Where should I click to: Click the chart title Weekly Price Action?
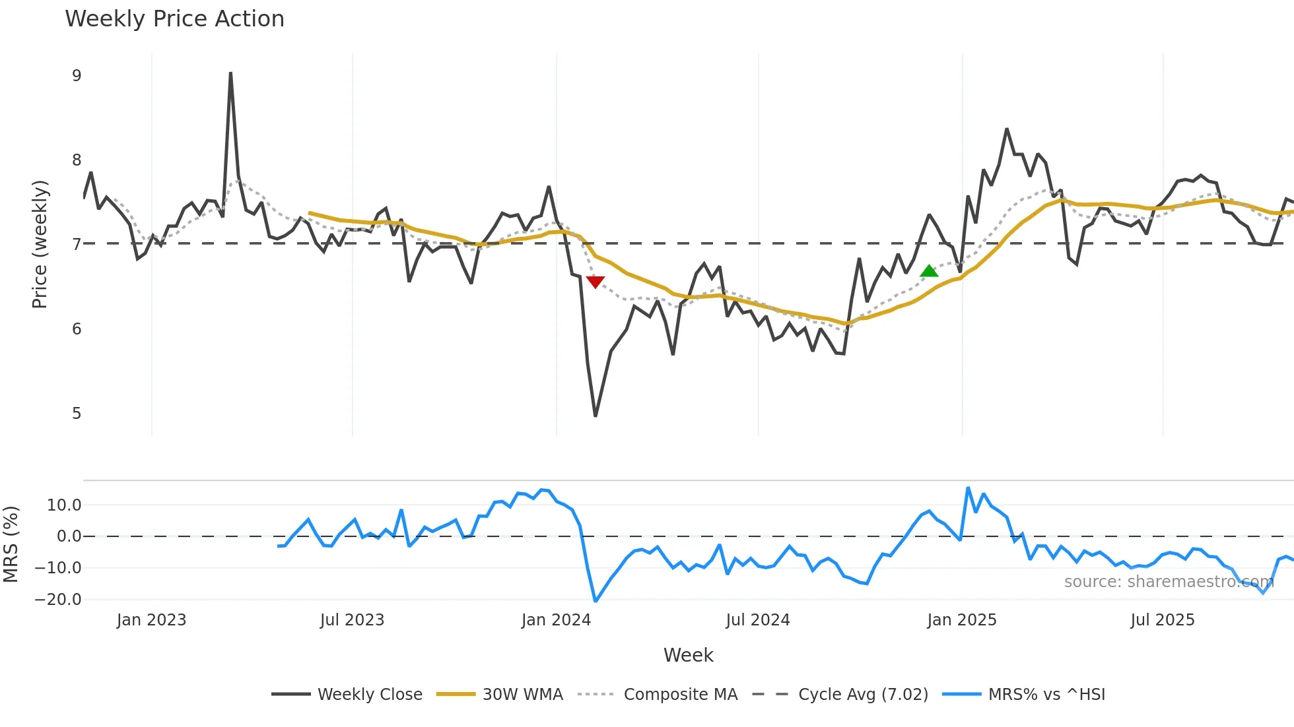point(174,19)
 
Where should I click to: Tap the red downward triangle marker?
point(596,282)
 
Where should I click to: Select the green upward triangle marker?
point(929,271)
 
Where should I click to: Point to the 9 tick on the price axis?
point(77,76)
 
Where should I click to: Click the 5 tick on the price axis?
point(77,414)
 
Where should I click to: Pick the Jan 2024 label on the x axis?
point(556,620)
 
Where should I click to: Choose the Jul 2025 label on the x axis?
point(1162,620)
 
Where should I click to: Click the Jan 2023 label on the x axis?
point(151,620)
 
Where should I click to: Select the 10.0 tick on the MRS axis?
point(64,505)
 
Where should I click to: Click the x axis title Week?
point(688,655)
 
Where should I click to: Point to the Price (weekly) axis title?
point(40,244)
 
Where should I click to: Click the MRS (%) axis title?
point(11,544)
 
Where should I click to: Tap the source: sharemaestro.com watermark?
point(1169,582)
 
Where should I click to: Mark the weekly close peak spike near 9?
point(230,73)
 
